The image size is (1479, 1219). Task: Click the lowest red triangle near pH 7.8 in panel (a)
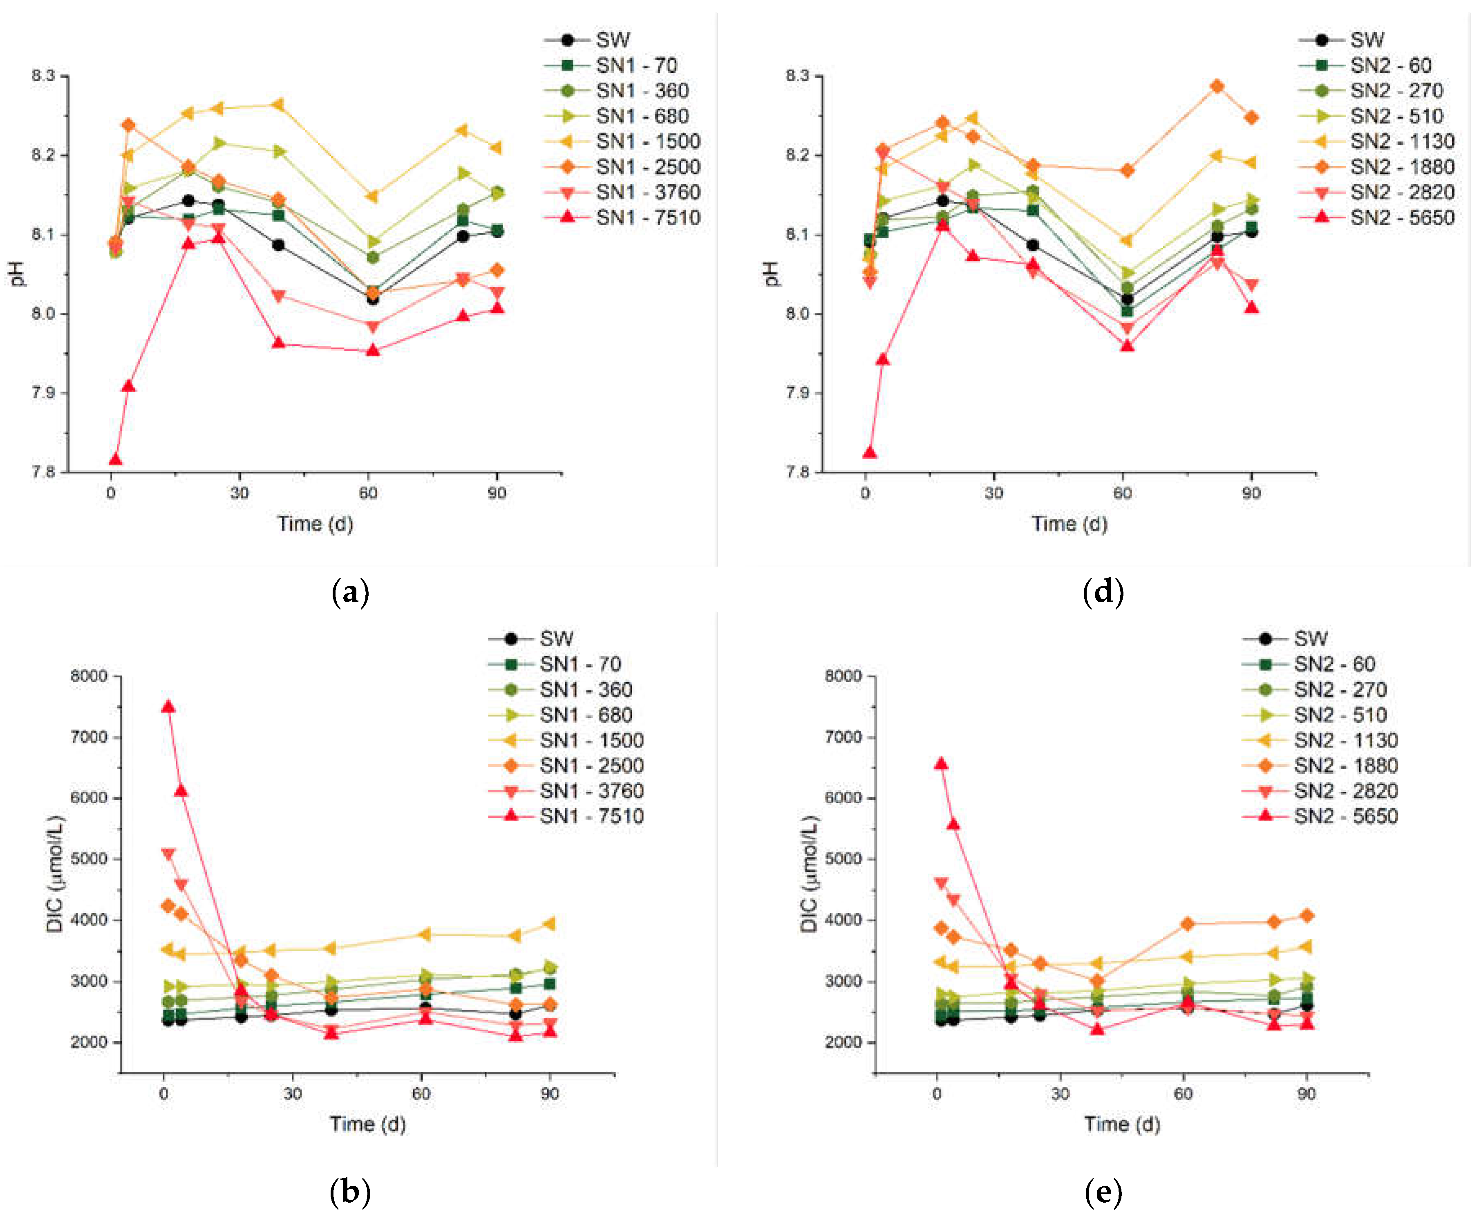pyautogui.click(x=115, y=460)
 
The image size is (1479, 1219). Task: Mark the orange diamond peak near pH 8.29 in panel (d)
pyautogui.click(x=1217, y=86)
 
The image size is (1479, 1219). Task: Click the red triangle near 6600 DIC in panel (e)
pyautogui.click(x=941, y=763)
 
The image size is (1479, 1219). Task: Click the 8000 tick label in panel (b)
pyautogui.click(x=89, y=675)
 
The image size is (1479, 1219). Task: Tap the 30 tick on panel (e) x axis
pyautogui.click(x=1060, y=1094)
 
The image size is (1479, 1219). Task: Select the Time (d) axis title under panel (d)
pyautogui.click(x=1069, y=524)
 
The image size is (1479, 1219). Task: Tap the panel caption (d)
pyautogui.click(x=1103, y=592)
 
